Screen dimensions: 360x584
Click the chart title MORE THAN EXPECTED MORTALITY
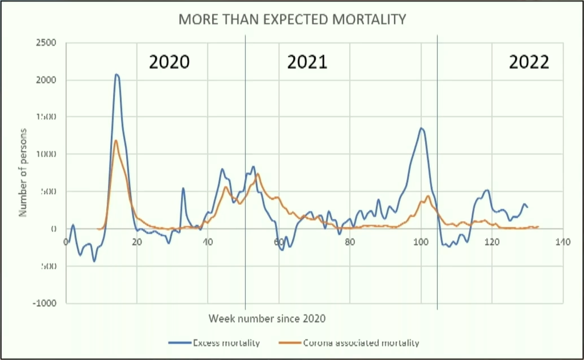(x=292, y=20)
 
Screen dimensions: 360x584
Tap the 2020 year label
(x=169, y=62)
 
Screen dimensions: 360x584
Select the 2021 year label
(x=307, y=62)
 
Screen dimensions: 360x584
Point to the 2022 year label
(x=529, y=62)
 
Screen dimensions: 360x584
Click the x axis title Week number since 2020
(x=267, y=318)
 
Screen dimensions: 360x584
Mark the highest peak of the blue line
(x=117, y=74)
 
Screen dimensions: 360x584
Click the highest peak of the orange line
(x=116, y=140)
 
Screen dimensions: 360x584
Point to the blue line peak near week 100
(x=421, y=128)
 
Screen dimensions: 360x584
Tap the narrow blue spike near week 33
(x=183, y=188)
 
